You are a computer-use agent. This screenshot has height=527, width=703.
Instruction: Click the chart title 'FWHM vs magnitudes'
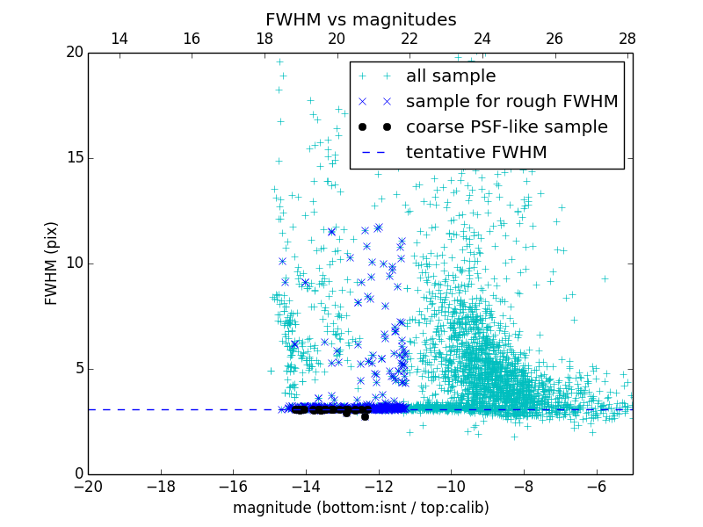point(360,19)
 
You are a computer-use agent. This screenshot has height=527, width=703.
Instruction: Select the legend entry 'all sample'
point(451,76)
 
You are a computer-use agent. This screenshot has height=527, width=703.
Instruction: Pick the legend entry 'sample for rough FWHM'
point(511,102)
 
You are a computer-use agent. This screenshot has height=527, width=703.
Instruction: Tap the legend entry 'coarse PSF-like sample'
point(506,127)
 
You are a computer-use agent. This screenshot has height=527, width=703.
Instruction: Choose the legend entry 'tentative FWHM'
point(476,153)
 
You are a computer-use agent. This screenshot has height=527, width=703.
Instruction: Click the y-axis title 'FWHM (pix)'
point(52,263)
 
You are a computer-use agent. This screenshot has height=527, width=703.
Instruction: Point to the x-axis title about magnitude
point(360,508)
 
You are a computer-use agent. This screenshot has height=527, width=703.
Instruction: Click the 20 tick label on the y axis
point(73,53)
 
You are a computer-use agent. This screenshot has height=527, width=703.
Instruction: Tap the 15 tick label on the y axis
point(73,158)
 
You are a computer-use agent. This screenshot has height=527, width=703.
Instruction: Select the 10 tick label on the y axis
point(73,263)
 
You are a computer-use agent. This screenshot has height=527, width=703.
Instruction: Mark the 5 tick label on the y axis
point(77,369)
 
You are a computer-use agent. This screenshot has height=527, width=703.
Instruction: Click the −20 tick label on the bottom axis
point(88,486)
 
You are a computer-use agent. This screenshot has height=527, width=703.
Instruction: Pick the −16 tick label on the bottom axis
point(233,486)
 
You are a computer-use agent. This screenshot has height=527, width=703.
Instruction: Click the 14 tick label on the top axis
point(119,40)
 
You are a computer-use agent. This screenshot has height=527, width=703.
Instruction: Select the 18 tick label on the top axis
point(265,40)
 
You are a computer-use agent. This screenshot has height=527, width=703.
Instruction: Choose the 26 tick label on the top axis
point(554,40)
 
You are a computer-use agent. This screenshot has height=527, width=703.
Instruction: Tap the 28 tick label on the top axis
point(627,40)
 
